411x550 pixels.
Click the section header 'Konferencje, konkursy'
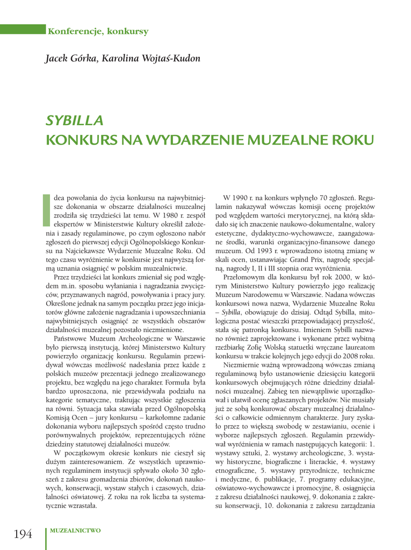pos(98,31)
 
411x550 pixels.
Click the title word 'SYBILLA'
pos(74,121)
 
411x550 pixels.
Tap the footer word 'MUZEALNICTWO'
pos(75,531)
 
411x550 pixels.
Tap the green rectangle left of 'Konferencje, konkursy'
pos(23,30)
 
